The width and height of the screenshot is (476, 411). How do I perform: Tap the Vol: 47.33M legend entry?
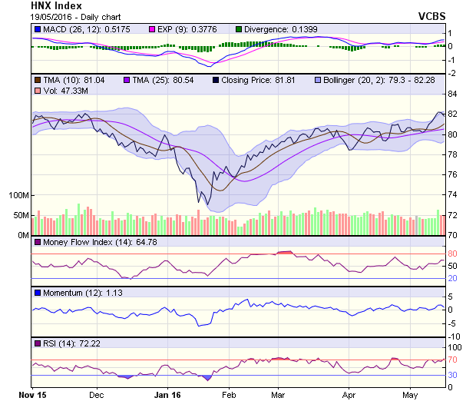(64, 91)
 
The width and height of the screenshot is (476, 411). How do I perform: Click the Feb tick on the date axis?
(228, 396)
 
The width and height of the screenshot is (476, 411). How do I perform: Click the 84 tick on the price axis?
(453, 94)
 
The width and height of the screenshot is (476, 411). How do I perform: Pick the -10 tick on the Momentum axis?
(454, 336)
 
